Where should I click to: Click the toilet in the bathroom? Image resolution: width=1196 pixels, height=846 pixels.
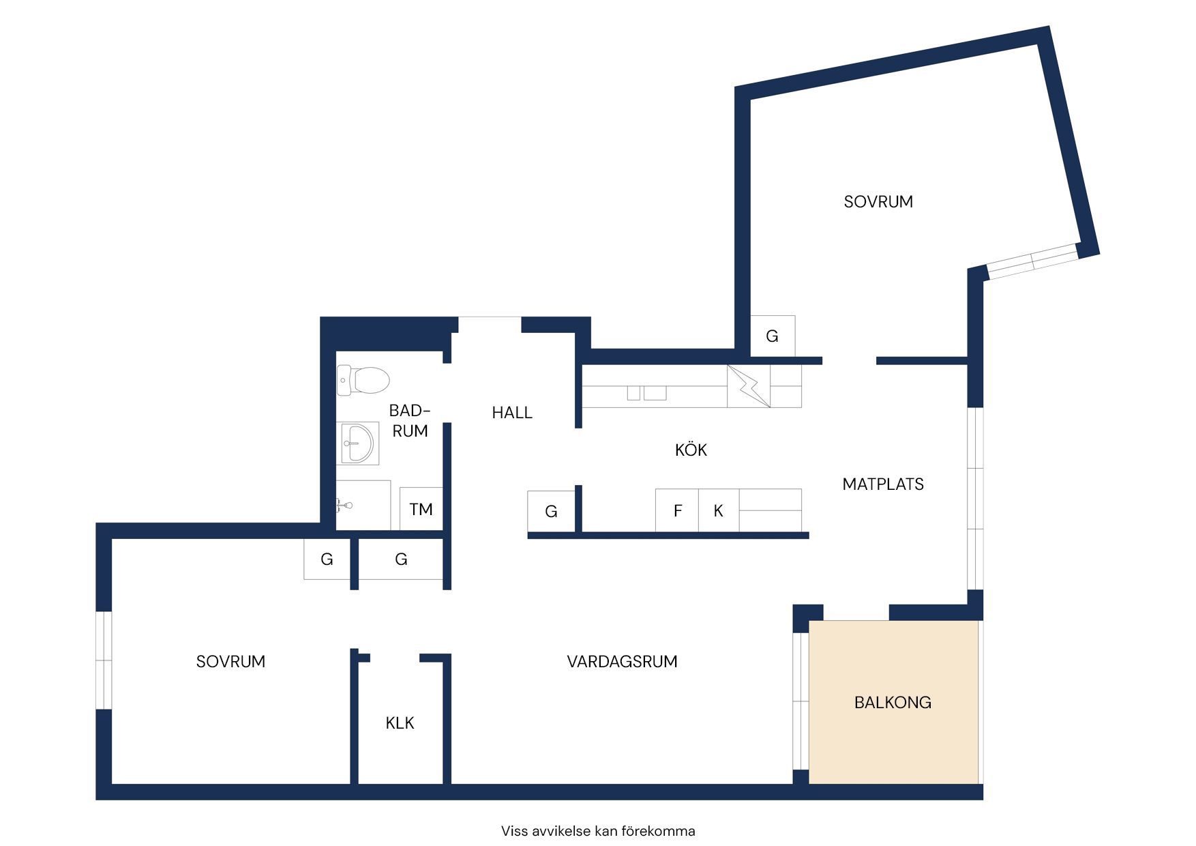tap(363, 380)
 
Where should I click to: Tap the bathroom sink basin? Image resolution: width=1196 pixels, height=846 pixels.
tap(357, 443)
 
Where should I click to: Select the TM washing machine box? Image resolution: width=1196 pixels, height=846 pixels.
tap(421, 508)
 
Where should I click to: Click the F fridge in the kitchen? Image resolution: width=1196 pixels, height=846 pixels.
tap(677, 510)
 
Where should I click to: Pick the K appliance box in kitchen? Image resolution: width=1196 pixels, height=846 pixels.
tap(719, 510)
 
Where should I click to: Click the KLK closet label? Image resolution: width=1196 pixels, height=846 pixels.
tap(400, 723)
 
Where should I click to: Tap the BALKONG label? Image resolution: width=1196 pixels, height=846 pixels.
tap(893, 702)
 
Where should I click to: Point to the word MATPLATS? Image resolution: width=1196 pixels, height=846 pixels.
tap(883, 484)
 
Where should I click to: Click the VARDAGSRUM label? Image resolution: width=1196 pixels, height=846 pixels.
tap(622, 661)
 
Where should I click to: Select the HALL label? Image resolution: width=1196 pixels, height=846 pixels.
tap(512, 412)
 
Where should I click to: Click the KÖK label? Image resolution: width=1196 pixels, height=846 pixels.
tap(691, 450)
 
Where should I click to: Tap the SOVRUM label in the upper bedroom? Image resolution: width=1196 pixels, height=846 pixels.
tap(878, 201)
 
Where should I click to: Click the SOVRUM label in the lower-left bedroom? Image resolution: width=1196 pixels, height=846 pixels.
tap(230, 661)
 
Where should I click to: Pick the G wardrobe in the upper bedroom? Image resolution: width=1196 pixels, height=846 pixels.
tap(773, 336)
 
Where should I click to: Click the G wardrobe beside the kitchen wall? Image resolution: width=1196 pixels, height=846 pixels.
tap(551, 511)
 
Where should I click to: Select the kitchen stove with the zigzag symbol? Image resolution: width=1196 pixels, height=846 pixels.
tap(749, 386)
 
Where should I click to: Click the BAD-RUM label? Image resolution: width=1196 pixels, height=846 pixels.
tap(409, 420)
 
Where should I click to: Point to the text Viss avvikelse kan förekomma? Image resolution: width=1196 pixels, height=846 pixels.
tap(598, 831)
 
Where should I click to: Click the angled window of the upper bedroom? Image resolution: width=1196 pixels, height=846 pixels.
tap(1032, 261)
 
